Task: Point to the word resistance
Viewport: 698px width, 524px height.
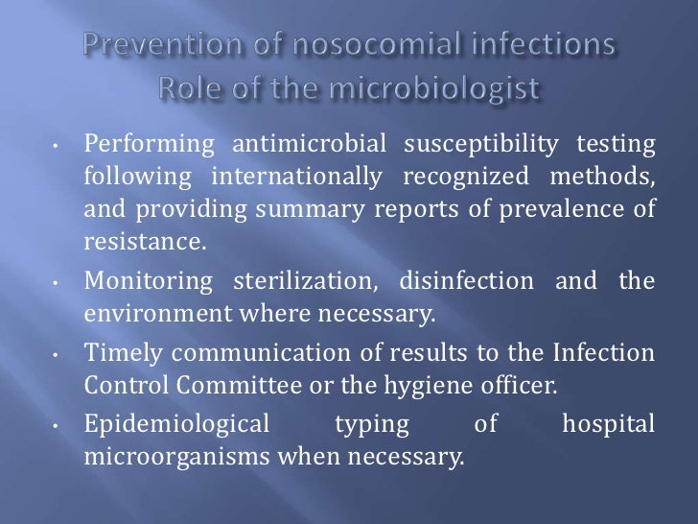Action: click(144, 241)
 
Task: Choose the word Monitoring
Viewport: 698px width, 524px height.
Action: click(148, 281)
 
